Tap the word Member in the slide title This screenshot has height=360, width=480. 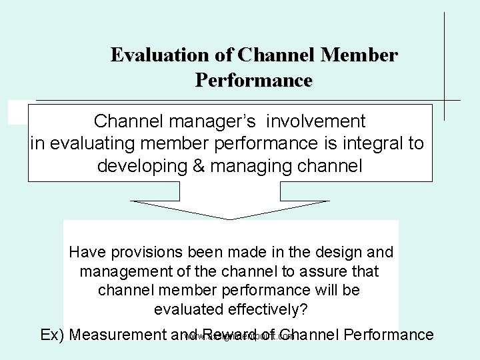point(359,55)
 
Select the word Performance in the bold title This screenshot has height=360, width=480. point(253,81)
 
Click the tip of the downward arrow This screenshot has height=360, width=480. point(230,218)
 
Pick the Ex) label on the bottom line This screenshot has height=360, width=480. point(51,335)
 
